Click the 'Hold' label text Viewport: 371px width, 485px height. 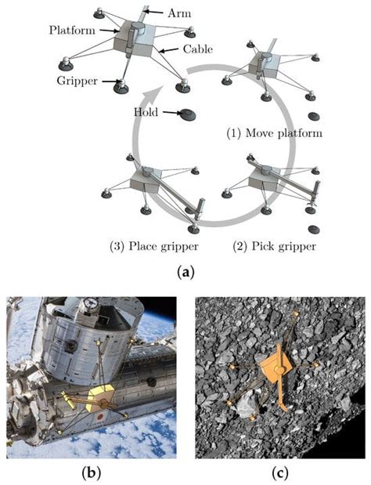(x=146, y=112)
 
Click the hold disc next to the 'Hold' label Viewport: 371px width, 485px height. (x=189, y=116)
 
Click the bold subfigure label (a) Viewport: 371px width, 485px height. (x=185, y=272)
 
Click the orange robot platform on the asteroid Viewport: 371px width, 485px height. (x=276, y=369)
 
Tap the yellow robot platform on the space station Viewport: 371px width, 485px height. (x=103, y=396)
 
